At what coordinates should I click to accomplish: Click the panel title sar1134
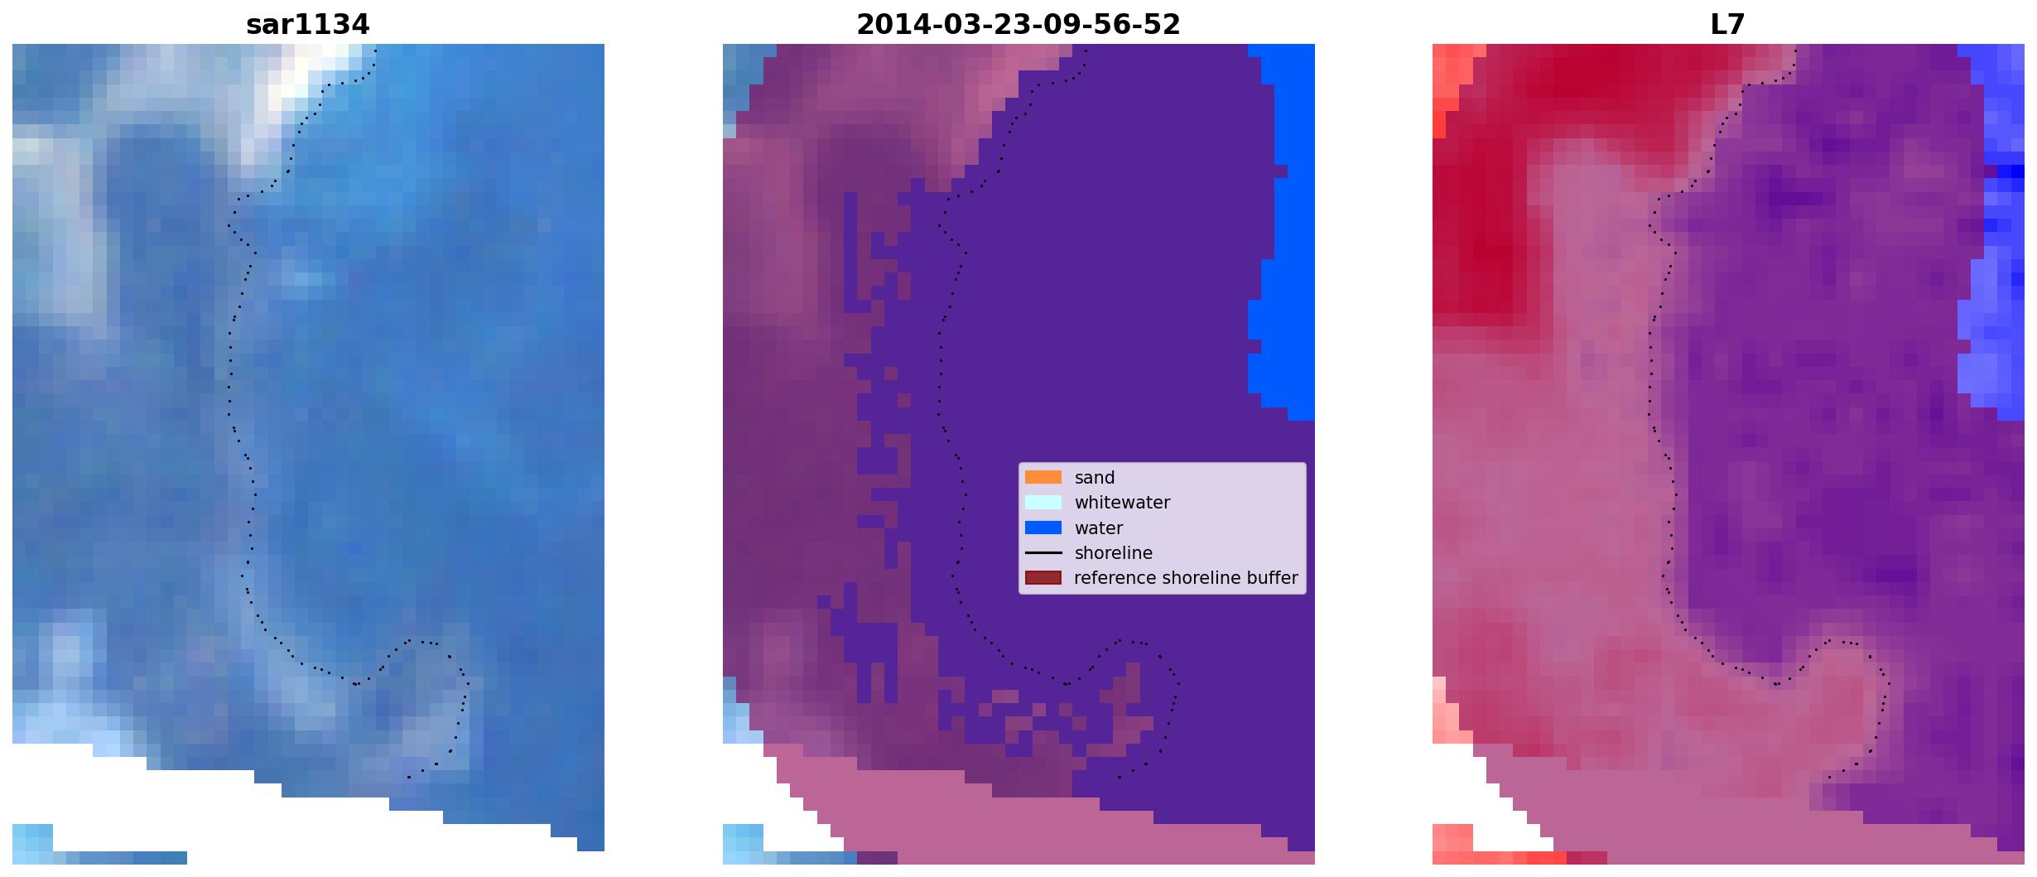point(307,25)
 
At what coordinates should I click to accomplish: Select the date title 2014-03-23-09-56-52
point(1018,25)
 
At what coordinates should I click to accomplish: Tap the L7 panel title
point(1727,25)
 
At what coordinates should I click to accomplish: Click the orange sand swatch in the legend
point(1043,477)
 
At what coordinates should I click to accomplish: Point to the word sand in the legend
point(1095,478)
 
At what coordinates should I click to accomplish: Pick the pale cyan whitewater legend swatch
point(1043,502)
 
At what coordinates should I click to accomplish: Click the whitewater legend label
point(1122,503)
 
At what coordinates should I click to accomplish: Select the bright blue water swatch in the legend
point(1043,528)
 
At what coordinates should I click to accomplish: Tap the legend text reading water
point(1099,528)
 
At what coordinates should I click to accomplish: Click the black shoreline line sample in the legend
point(1043,552)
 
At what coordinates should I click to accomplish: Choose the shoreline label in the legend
point(1114,553)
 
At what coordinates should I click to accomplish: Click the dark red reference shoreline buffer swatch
point(1043,577)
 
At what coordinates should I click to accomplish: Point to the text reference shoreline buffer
point(1186,578)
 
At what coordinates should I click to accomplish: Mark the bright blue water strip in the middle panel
point(1283,232)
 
